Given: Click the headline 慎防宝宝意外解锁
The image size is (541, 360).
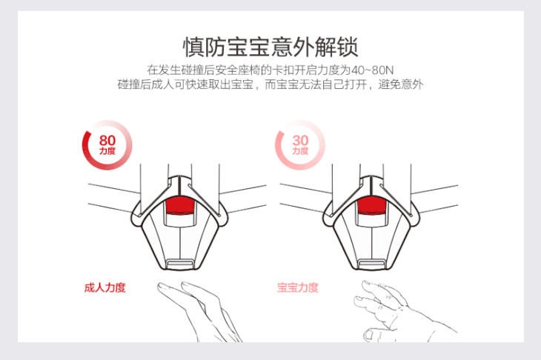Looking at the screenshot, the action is [270, 47].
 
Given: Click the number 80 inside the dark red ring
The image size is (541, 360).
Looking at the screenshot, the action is [107, 140].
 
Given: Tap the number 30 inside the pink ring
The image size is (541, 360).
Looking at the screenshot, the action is [300, 140].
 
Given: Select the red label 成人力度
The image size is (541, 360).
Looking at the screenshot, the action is [105, 287].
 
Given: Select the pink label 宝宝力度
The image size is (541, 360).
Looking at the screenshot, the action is [298, 287].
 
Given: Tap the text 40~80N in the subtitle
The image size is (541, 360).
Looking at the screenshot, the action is [372, 70].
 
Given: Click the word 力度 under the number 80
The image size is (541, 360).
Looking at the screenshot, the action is [107, 151].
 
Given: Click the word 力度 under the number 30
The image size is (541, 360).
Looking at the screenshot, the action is [300, 151].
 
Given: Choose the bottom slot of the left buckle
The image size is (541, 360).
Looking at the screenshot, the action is [180, 264].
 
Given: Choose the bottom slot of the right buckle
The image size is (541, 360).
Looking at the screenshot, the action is [372, 264].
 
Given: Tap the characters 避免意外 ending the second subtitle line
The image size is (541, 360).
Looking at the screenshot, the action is [401, 84].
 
